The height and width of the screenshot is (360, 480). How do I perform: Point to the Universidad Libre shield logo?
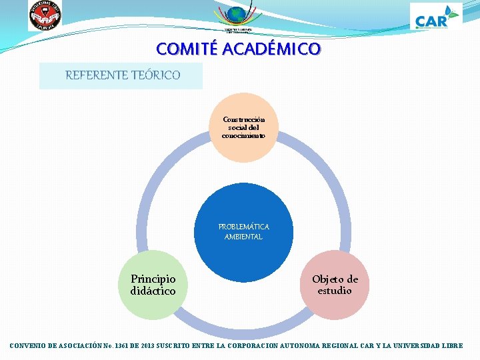pyautogui.click(x=45, y=15)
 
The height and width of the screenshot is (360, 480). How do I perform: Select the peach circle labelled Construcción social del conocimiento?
pyautogui.click(x=243, y=127)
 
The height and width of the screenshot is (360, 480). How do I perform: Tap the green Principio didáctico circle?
pyautogui.click(x=153, y=285)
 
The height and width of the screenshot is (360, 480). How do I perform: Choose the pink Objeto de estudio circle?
pyautogui.click(x=335, y=285)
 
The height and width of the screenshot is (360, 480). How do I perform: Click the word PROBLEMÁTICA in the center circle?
pyautogui.click(x=243, y=227)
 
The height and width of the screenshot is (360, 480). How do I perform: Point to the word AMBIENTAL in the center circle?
pyautogui.click(x=243, y=237)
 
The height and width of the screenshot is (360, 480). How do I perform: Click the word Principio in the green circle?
pyautogui.click(x=153, y=279)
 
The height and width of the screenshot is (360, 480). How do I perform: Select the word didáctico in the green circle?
pyautogui.click(x=153, y=291)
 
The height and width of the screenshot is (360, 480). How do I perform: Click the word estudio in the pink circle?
pyautogui.click(x=335, y=291)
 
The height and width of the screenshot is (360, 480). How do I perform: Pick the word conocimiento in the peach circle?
pyautogui.click(x=243, y=135)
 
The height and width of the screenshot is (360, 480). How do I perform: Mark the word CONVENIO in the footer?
pyautogui.click(x=32, y=346)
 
